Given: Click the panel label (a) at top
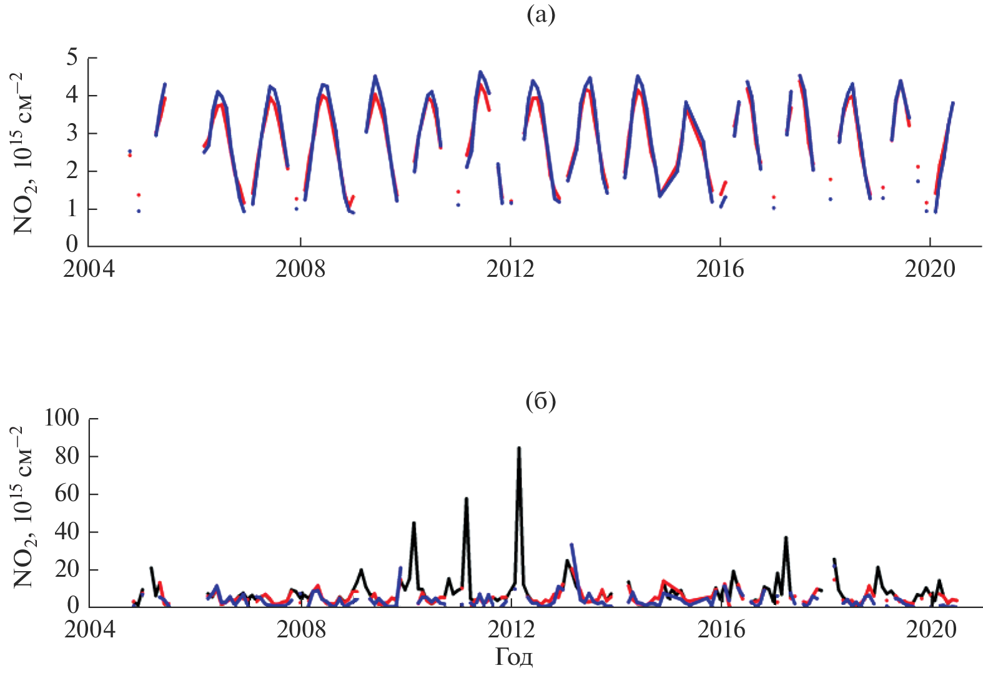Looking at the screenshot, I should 540,15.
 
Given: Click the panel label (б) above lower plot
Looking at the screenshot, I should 540,401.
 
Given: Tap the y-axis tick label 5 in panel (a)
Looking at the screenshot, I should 72,58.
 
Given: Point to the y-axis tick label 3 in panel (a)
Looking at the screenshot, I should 72,133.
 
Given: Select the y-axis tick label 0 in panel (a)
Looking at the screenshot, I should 72,244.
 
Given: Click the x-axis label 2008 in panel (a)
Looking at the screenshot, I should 300,269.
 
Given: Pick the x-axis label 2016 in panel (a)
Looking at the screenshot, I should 720,269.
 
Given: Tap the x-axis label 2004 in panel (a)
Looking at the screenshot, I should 89,269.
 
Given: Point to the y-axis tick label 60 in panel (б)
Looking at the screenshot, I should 66,494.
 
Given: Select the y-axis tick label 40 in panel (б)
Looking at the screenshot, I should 66,532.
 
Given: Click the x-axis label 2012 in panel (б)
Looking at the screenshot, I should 511,629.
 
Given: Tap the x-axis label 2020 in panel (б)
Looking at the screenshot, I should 931,629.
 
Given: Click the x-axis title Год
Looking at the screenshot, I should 514,657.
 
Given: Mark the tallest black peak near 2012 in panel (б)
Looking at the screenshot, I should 519,448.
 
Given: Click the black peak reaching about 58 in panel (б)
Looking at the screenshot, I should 466,499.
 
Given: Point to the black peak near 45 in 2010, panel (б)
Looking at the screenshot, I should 414,523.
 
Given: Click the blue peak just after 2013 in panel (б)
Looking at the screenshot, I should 571,545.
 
